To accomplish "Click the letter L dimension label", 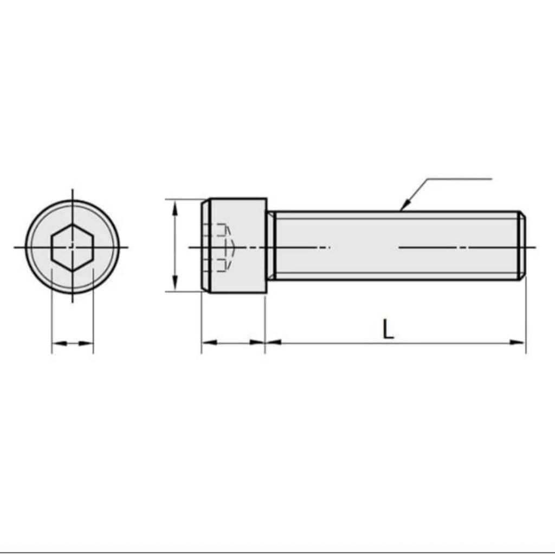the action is pos(388,329).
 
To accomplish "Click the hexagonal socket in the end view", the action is pos(72,247).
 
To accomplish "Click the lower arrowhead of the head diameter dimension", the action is pos(174,283).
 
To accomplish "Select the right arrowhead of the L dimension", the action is pos(517,343).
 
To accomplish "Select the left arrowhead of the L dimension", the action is pos(273,343).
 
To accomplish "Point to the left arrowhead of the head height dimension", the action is pos(210,343).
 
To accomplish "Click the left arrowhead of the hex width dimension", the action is pos(60,343).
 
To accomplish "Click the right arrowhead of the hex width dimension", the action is pos(86,343).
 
